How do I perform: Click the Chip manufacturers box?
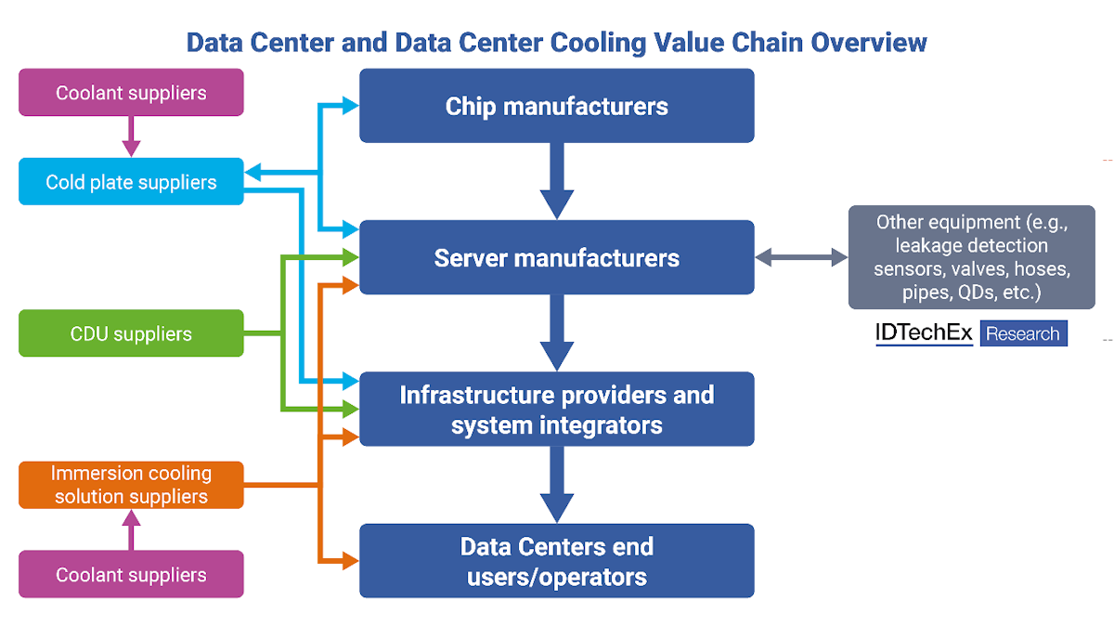556,106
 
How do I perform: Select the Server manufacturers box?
556,257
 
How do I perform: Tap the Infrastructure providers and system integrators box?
556,410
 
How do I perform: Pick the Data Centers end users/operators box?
556,561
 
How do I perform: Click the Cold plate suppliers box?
131,182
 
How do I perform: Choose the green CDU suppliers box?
131,333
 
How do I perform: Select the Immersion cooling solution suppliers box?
131,485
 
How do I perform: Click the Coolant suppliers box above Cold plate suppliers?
131,93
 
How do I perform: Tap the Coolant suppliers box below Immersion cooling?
131,574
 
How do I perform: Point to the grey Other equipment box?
971,257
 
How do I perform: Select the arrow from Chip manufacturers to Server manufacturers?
556,181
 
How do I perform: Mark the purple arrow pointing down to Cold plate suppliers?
131,137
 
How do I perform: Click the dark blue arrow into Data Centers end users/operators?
556,485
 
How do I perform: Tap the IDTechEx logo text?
923,333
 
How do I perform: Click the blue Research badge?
1023,333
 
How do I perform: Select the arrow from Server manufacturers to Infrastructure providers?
556,333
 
